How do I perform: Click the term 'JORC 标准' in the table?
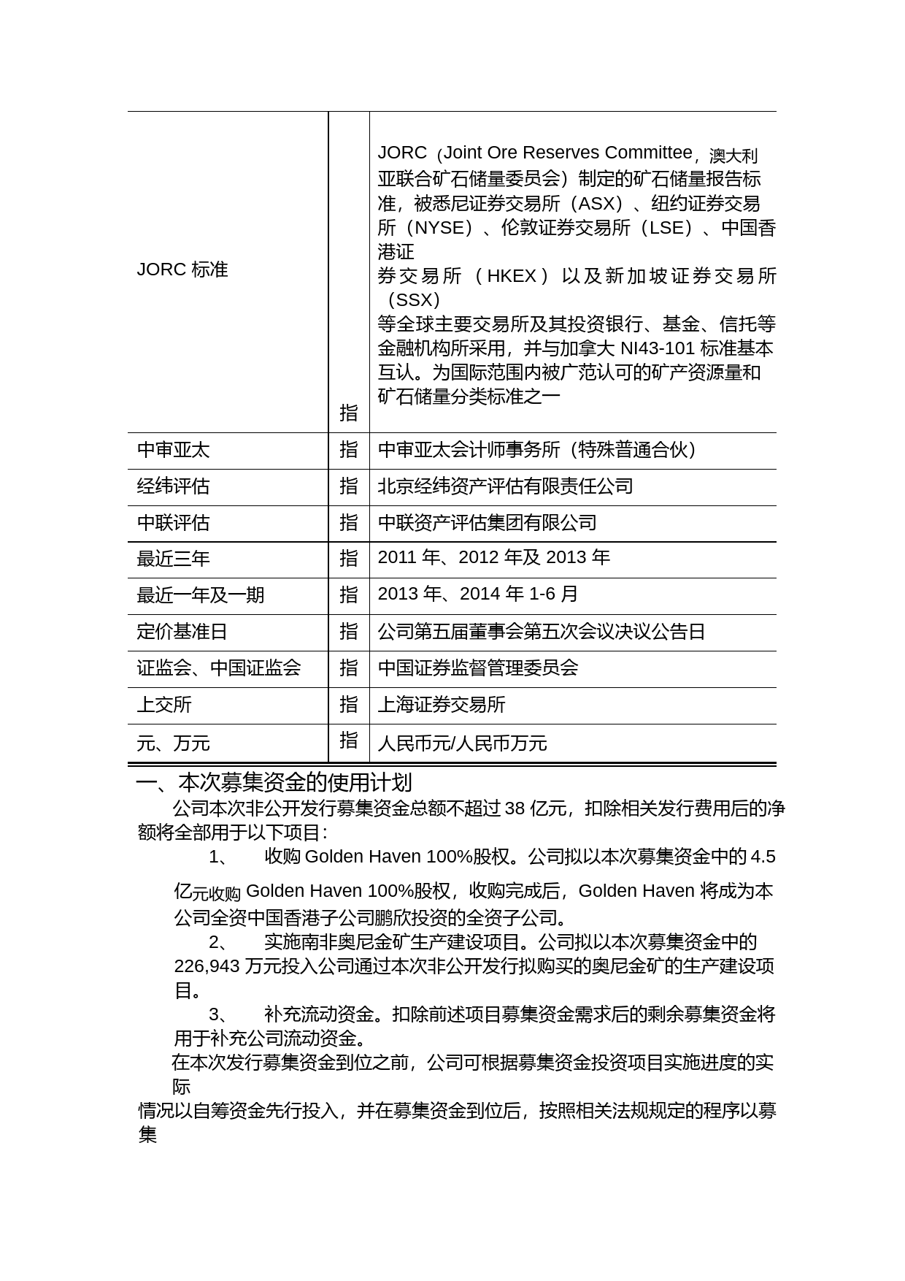click(182, 270)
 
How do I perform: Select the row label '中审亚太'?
click(173, 450)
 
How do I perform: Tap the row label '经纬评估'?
click(173, 486)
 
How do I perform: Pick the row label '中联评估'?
click(173, 523)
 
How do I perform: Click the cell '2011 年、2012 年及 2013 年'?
click(493, 558)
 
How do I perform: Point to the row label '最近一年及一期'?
click(200, 595)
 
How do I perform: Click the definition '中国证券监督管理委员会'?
click(478, 668)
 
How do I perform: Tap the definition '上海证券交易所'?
click(442, 705)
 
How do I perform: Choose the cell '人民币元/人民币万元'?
click(462, 743)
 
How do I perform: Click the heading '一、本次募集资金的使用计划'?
click(274, 783)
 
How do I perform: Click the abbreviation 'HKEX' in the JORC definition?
click(511, 276)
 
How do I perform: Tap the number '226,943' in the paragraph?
click(207, 966)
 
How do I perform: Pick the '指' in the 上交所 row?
click(349, 704)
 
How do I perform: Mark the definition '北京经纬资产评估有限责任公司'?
click(505, 486)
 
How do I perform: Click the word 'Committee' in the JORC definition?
click(648, 153)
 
